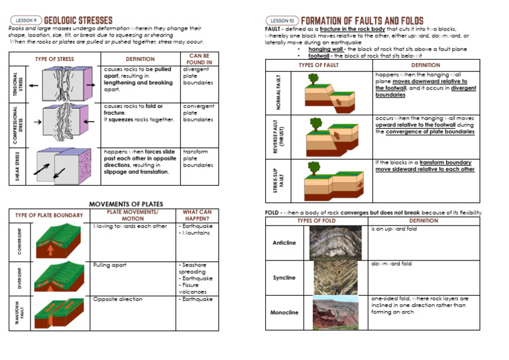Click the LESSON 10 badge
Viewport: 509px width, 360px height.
[282, 21]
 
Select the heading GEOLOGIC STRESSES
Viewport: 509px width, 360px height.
[78, 21]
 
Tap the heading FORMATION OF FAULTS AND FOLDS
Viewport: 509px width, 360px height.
[362, 21]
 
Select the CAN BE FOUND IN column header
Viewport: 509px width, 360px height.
[199, 59]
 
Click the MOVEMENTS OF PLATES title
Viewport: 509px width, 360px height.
[126, 204]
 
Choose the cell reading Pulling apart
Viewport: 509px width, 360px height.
[110, 265]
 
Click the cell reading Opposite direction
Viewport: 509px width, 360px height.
[118, 299]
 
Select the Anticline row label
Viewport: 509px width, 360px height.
[284, 243]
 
